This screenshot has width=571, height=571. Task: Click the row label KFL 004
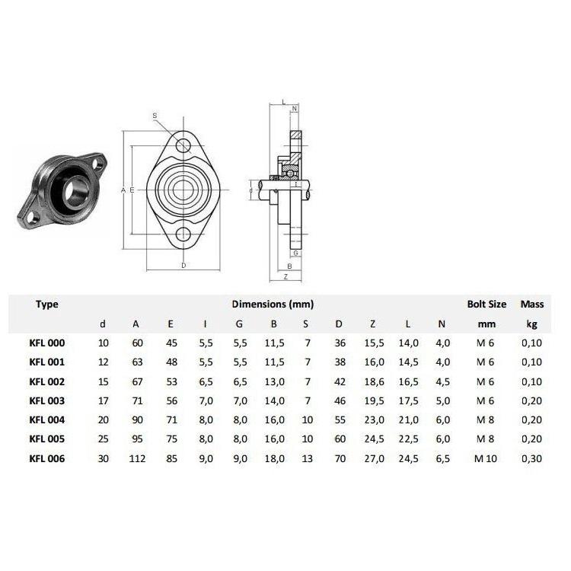47,419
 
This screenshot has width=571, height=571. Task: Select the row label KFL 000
47,343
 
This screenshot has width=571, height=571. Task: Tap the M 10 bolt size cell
486,458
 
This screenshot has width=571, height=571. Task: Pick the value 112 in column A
137,458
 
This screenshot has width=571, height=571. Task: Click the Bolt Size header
486,304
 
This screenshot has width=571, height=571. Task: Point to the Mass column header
532,304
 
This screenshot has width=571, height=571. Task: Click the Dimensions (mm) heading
273,304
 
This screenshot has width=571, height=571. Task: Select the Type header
47,305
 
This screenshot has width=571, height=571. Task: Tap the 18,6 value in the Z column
374,381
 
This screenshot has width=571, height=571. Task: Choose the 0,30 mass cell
531,458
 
